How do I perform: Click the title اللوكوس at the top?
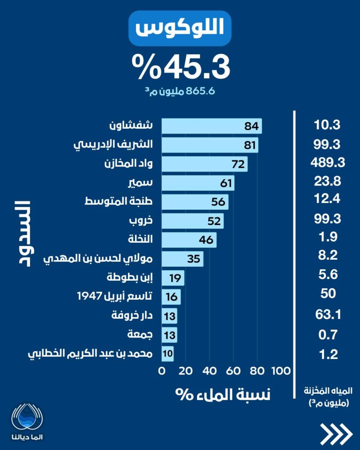pyautogui.click(x=180, y=29)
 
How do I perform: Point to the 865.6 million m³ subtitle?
pyautogui.click(x=180, y=91)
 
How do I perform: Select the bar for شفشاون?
pyautogui.click(x=211, y=126)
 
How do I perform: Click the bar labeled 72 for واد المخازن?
pyautogui.click(x=204, y=164)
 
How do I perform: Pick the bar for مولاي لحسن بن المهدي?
pyautogui.click(x=182, y=258)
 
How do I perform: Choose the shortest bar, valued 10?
pyautogui.click(x=168, y=353)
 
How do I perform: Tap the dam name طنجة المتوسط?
pyautogui.click(x=119, y=201)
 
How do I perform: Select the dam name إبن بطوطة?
pyautogui.click(x=130, y=277)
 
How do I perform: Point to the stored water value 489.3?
pyautogui.click(x=328, y=163)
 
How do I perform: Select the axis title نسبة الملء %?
pyautogui.click(x=223, y=393)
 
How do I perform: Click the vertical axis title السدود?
pyautogui.click(x=20, y=233)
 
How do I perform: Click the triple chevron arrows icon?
pyautogui.click(x=336, y=435)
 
